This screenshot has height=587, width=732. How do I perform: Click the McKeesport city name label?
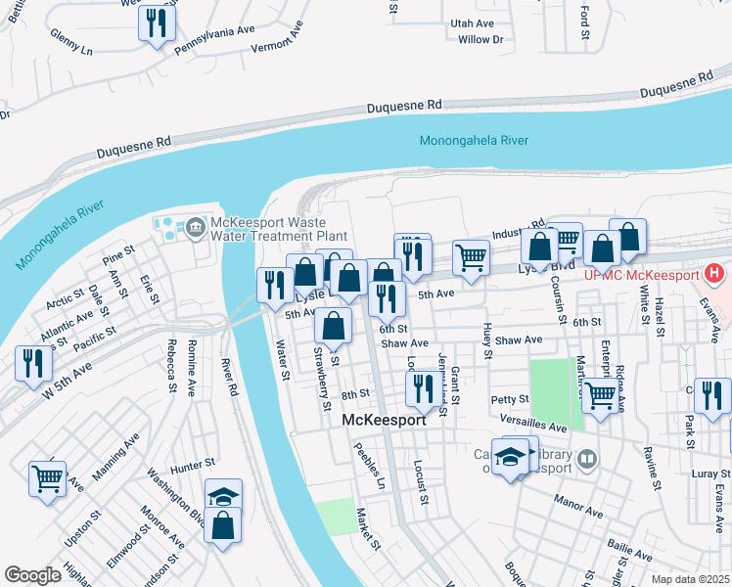[x=385, y=420]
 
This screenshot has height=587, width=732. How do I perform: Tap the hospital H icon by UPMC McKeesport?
[x=715, y=274]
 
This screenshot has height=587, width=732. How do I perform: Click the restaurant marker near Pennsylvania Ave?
[x=157, y=23]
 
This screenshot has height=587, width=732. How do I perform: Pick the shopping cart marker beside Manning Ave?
[x=47, y=479]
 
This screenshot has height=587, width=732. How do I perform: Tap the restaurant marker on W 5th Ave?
[x=33, y=364]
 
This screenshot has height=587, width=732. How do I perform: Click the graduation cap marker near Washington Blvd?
[x=224, y=495]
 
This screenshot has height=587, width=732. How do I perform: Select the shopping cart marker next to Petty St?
[x=600, y=394]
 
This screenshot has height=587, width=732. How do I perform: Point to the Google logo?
[x=32, y=575]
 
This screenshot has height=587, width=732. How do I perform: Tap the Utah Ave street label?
[x=473, y=23]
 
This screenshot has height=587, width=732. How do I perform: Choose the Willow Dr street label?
[x=480, y=39]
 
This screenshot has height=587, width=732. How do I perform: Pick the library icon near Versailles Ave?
[x=586, y=457]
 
